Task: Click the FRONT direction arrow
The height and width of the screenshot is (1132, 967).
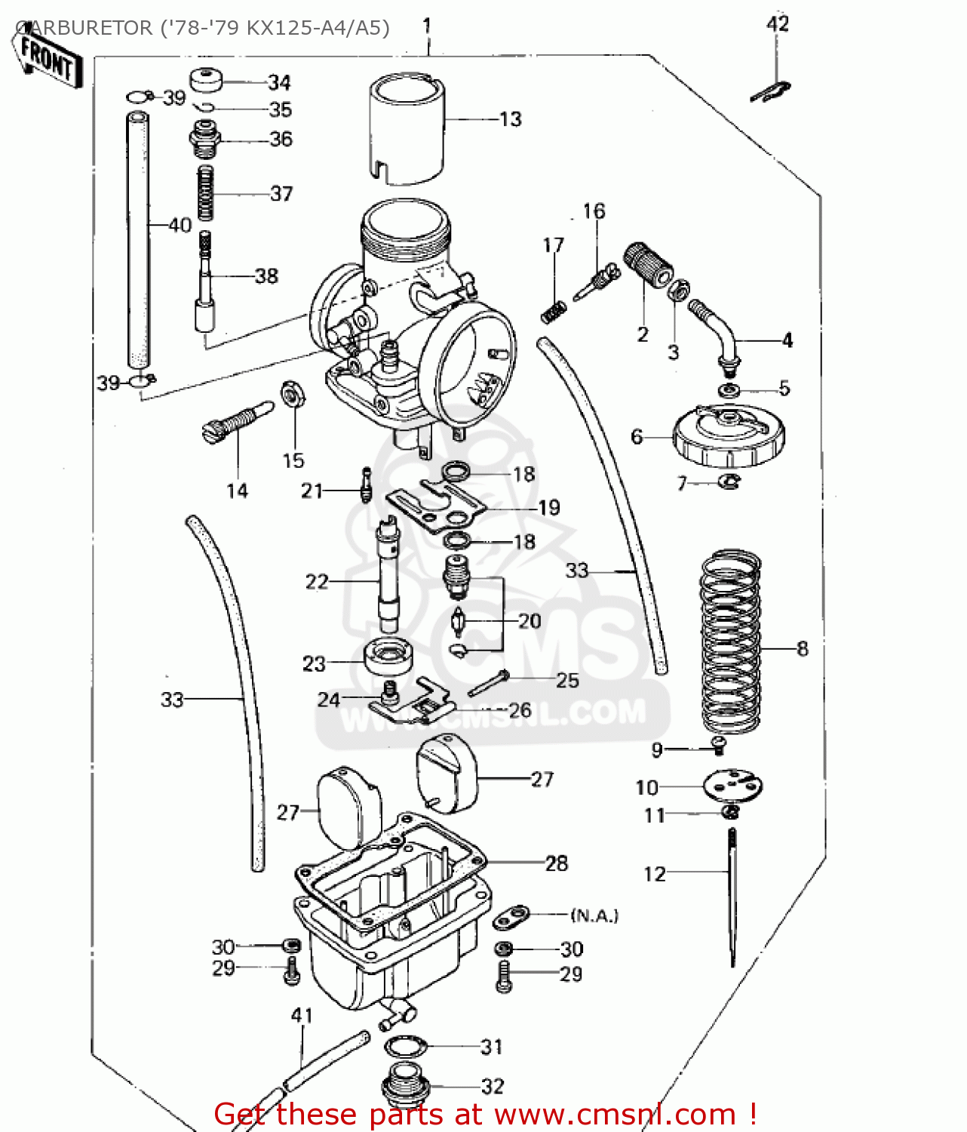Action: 47,57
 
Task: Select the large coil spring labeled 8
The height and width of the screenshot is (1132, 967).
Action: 730,641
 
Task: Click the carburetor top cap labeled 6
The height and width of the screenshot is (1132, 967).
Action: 729,438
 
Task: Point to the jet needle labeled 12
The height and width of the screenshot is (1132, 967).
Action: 732,898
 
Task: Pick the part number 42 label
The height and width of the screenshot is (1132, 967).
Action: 777,24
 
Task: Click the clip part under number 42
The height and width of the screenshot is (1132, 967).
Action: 769,91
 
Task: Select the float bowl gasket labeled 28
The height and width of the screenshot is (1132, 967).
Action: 392,868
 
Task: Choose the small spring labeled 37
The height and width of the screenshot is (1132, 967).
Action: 204,193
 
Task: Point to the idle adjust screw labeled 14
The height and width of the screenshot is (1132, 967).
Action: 235,423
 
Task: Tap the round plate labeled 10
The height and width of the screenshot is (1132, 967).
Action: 732,786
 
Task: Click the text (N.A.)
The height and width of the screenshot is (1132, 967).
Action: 594,915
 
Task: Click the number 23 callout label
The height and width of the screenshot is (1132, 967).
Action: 314,664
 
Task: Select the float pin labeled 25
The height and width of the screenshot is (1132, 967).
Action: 487,682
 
